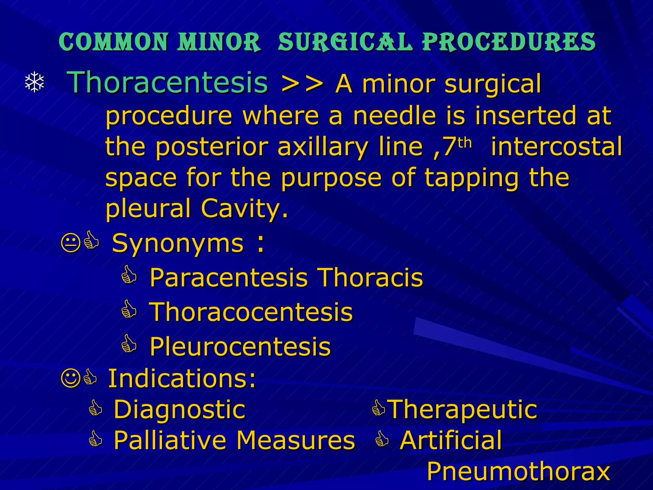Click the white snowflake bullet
pos(34,83)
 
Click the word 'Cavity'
pos(244,208)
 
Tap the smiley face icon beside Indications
pos(70,378)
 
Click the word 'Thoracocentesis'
pos(251,312)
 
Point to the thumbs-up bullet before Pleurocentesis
pos(129,344)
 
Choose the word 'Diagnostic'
pos(180,409)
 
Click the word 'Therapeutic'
pos(463,409)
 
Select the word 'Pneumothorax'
pos(518,471)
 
